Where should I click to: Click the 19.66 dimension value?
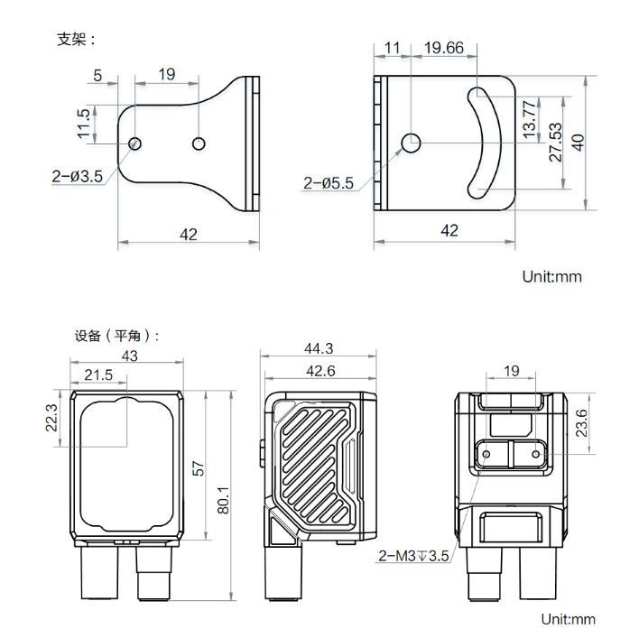(443, 48)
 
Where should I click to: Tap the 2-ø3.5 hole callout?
(79, 177)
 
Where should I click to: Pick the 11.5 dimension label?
(84, 125)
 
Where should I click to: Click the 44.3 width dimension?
(319, 348)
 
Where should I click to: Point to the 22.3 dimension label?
(51, 419)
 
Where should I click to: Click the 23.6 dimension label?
(581, 421)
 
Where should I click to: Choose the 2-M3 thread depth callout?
(413, 556)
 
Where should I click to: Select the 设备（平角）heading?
(116, 336)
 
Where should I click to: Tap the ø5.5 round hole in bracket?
(411, 142)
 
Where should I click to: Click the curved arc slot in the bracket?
(490, 142)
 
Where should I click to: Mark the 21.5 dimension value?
(98, 374)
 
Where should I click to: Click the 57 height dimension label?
(199, 467)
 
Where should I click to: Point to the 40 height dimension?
(579, 142)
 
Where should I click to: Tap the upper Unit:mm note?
(552, 276)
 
